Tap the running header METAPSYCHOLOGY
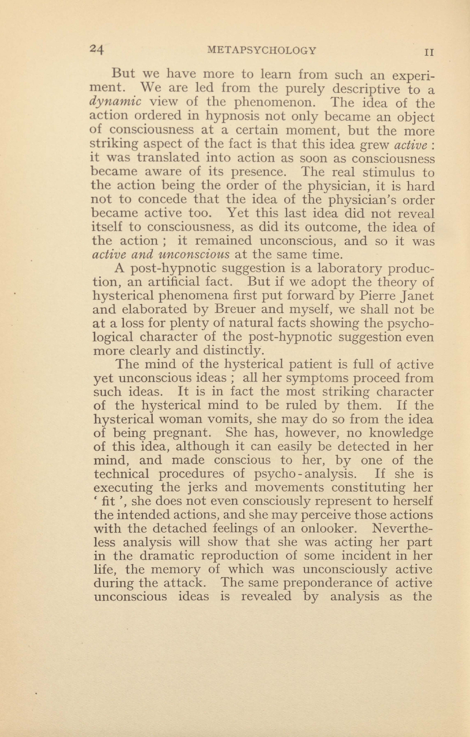[262, 50]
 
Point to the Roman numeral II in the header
[429, 52]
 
